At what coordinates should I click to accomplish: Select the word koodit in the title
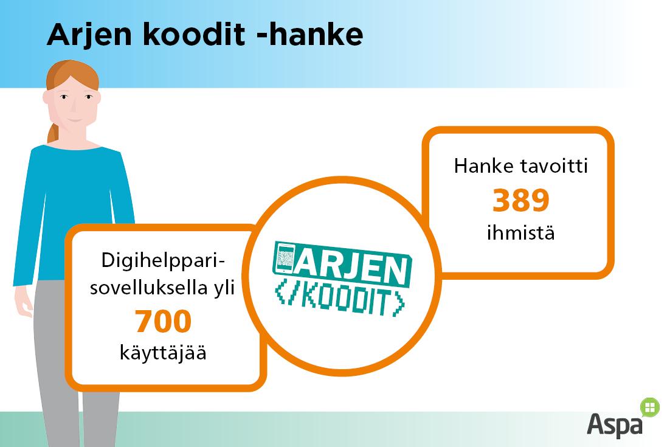pyautogui.click(x=193, y=34)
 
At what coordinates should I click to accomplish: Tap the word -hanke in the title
pyautogui.click(x=310, y=34)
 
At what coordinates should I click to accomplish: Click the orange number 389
pyautogui.click(x=520, y=200)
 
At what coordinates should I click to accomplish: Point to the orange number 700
pyautogui.click(x=163, y=321)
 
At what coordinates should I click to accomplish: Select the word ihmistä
pyautogui.click(x=521, y=233)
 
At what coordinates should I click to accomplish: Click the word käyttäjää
pyautogui.click(x=163, y=353)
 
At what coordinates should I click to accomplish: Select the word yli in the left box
pyautogui.click(x=224, y=288)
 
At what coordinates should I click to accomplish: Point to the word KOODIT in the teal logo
pyautogui.click(x=340, y=301)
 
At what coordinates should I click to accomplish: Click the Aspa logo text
pyautogui.click(x=615, y=424)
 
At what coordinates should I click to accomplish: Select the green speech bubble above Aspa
pyautogui.click(x=649, y=407)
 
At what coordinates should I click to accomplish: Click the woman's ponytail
pyautogui.click(x=53, y=133)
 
